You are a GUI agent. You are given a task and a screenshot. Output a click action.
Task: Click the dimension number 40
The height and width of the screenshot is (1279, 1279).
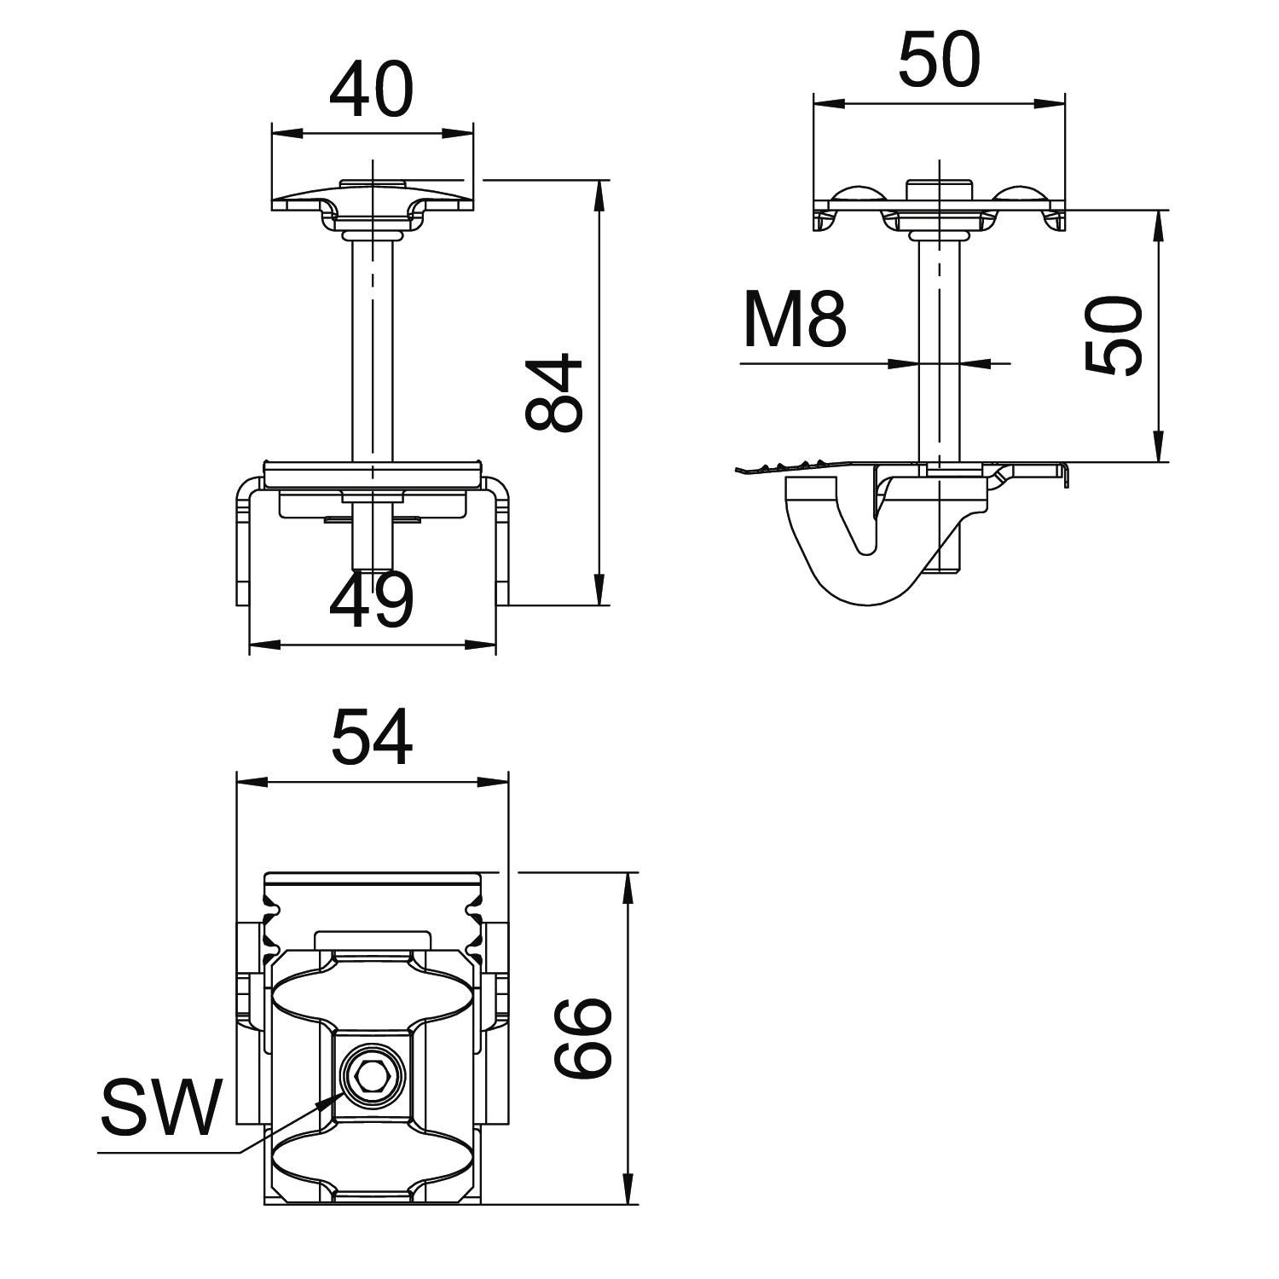(371, 90)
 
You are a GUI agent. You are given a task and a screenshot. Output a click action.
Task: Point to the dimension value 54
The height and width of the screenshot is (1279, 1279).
(372, 738)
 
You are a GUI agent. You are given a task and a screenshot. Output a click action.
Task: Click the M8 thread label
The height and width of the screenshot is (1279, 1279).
(795, 320)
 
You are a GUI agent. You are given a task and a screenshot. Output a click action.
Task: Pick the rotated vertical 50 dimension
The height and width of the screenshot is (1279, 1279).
(1114, 336)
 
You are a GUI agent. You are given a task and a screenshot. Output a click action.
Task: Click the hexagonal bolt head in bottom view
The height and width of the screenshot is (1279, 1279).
(371, 1077)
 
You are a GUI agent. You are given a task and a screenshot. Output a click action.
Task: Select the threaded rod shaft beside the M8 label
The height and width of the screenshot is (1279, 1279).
(939, 351)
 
